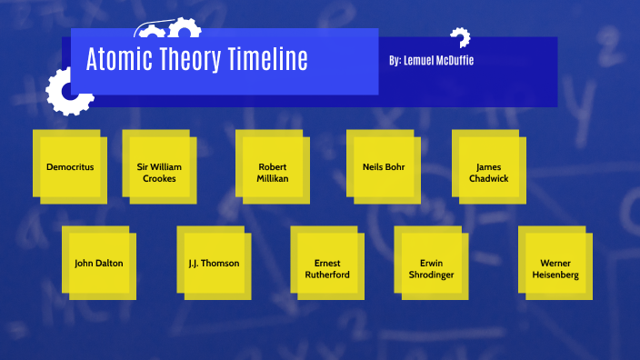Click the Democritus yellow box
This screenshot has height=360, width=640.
[x=70, y=167]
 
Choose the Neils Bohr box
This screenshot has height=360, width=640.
[x=383, y=167]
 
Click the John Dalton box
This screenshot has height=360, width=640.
[x=98, y=264]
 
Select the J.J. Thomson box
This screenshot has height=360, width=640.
[x=214, y=264]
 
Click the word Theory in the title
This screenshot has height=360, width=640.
[x=186, y=60]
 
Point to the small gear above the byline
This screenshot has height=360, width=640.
[x=460, y=37]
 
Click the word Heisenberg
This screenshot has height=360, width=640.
[x=555, y=275]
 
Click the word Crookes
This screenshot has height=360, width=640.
[x=159, y=179]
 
